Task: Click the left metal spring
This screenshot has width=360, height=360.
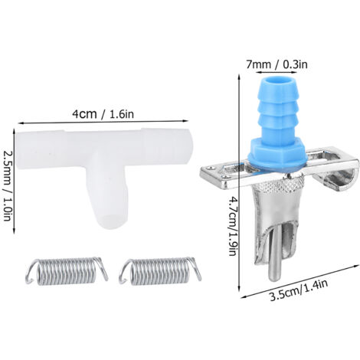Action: (x=67, y=270)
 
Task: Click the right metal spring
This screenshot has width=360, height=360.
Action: (x=160, y=270)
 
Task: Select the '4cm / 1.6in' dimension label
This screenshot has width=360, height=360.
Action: (x=103, y=114)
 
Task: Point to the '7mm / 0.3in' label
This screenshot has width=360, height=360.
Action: (x=277, y=64)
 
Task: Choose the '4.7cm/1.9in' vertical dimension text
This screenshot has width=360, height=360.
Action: (x=233, y=225)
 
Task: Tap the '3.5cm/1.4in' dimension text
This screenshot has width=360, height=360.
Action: (x=299, y=290)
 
